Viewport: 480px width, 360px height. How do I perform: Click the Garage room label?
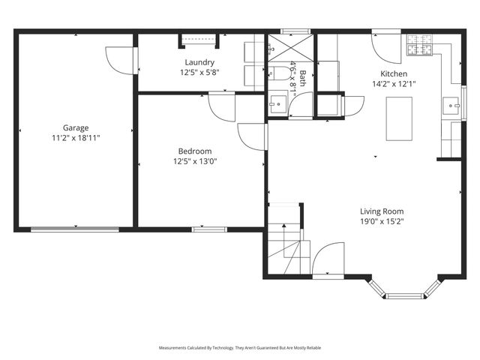pyautogui.click(x=75, y=127)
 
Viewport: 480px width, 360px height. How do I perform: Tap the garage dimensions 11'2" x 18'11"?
pyautogui.click(x=75, y=138)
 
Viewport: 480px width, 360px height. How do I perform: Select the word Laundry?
pyautogui.click(x=200, y=62)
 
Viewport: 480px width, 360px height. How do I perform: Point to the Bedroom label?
pyautogui.click(x=195, y=150)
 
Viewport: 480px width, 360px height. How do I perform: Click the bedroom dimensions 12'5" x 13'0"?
pyautogui.click(x=195, y=160)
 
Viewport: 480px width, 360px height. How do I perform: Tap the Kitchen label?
pyautogui.click(x=394, y=73)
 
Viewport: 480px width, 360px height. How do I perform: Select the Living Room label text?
pyautogui.click(x=382, y=211)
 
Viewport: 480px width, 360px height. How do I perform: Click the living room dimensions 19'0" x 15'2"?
pyautogui.click(x=382, y=222)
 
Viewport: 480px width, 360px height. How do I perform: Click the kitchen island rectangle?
pyautogui.click(x=398, y=118)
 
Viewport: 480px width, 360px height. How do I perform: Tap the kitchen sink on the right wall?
pyautogui.click(x=452, y=106)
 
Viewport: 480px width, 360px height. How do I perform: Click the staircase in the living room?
pyautogui.click(x=287, y=244)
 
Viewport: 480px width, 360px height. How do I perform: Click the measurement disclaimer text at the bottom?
pyautogui.click(x=240, y=348)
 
